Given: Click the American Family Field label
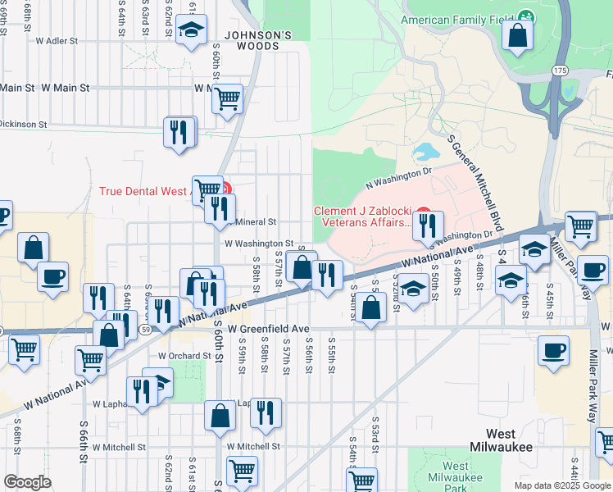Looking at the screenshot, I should pyautogui.click(x=457, y=19).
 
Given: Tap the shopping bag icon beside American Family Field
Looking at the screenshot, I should pyautogui.click(x=518, y=36).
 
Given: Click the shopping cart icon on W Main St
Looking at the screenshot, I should pyautogui.click(x=228, y=99).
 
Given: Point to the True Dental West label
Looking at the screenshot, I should pyautogui.click(x=143, y=191).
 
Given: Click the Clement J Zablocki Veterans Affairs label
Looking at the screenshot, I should pyautogui.click(x=363, y=216).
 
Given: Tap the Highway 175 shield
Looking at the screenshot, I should pyautogui.click(x=559, y=71).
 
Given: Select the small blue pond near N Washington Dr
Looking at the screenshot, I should pyautogui.click(x=425, y=152).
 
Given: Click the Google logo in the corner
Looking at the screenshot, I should pyautogui.click(x=27, y=482).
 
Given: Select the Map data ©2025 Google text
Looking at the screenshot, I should pyautogui.click(x=562, y=485).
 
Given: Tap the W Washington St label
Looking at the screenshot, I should pyautogui.click(x=258, y=244).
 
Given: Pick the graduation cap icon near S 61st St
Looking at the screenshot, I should pyautogui.click(x=191, y=32).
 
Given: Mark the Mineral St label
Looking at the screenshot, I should pyautogui.click(x=257, y=221).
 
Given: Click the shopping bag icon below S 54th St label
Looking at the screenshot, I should pyautogui.click(x=371, y=308).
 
